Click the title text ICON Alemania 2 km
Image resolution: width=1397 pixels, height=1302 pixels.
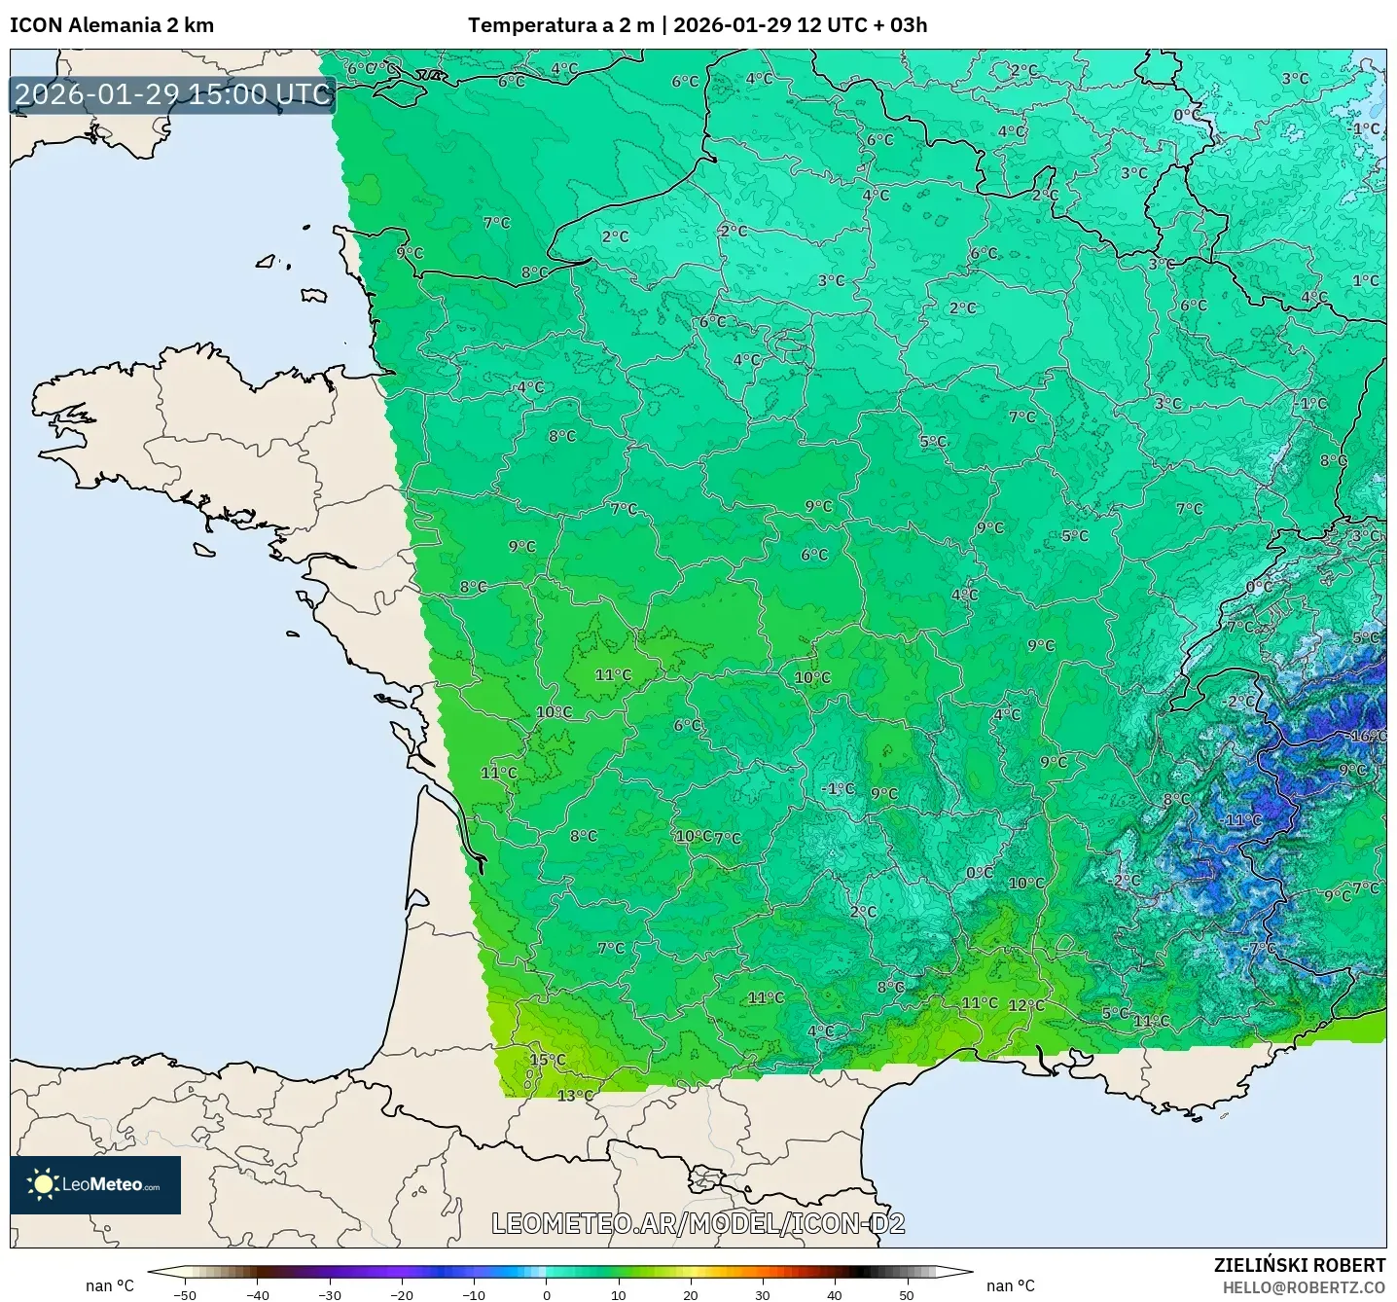tap(112, 25)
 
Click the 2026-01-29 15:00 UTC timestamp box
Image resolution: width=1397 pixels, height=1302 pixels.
tap(173, 94)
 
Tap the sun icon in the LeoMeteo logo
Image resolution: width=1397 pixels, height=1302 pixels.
tap(43, 1184)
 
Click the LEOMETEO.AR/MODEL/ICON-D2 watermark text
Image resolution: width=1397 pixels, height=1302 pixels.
tap(698, 1223)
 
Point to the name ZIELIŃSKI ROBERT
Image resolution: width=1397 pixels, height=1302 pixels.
tap(1299, 1265)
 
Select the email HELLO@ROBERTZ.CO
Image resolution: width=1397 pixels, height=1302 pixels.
tap(1304, 1287)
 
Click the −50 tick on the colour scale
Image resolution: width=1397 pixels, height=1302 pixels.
tap(184, 1294)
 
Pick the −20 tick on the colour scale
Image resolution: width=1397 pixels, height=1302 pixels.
tap(402, 1294)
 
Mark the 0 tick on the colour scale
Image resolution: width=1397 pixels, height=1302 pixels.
tap(547, 1294)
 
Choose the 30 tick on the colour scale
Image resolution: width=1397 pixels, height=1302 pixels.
tap(763, 1294)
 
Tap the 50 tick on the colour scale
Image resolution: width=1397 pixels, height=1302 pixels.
tap(907, 1294)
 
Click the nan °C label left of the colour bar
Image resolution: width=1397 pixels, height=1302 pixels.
tap(110, 1285)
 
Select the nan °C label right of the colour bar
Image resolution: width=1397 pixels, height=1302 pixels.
tap(1011, 1285)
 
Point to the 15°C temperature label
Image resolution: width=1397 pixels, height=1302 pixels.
tap(548, 1060)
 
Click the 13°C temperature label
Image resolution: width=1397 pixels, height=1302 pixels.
tap(575, 1096)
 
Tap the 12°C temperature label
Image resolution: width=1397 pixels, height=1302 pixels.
tap(1026, 1005)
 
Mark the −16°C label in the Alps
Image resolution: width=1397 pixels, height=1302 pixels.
tap(1367, 736)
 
